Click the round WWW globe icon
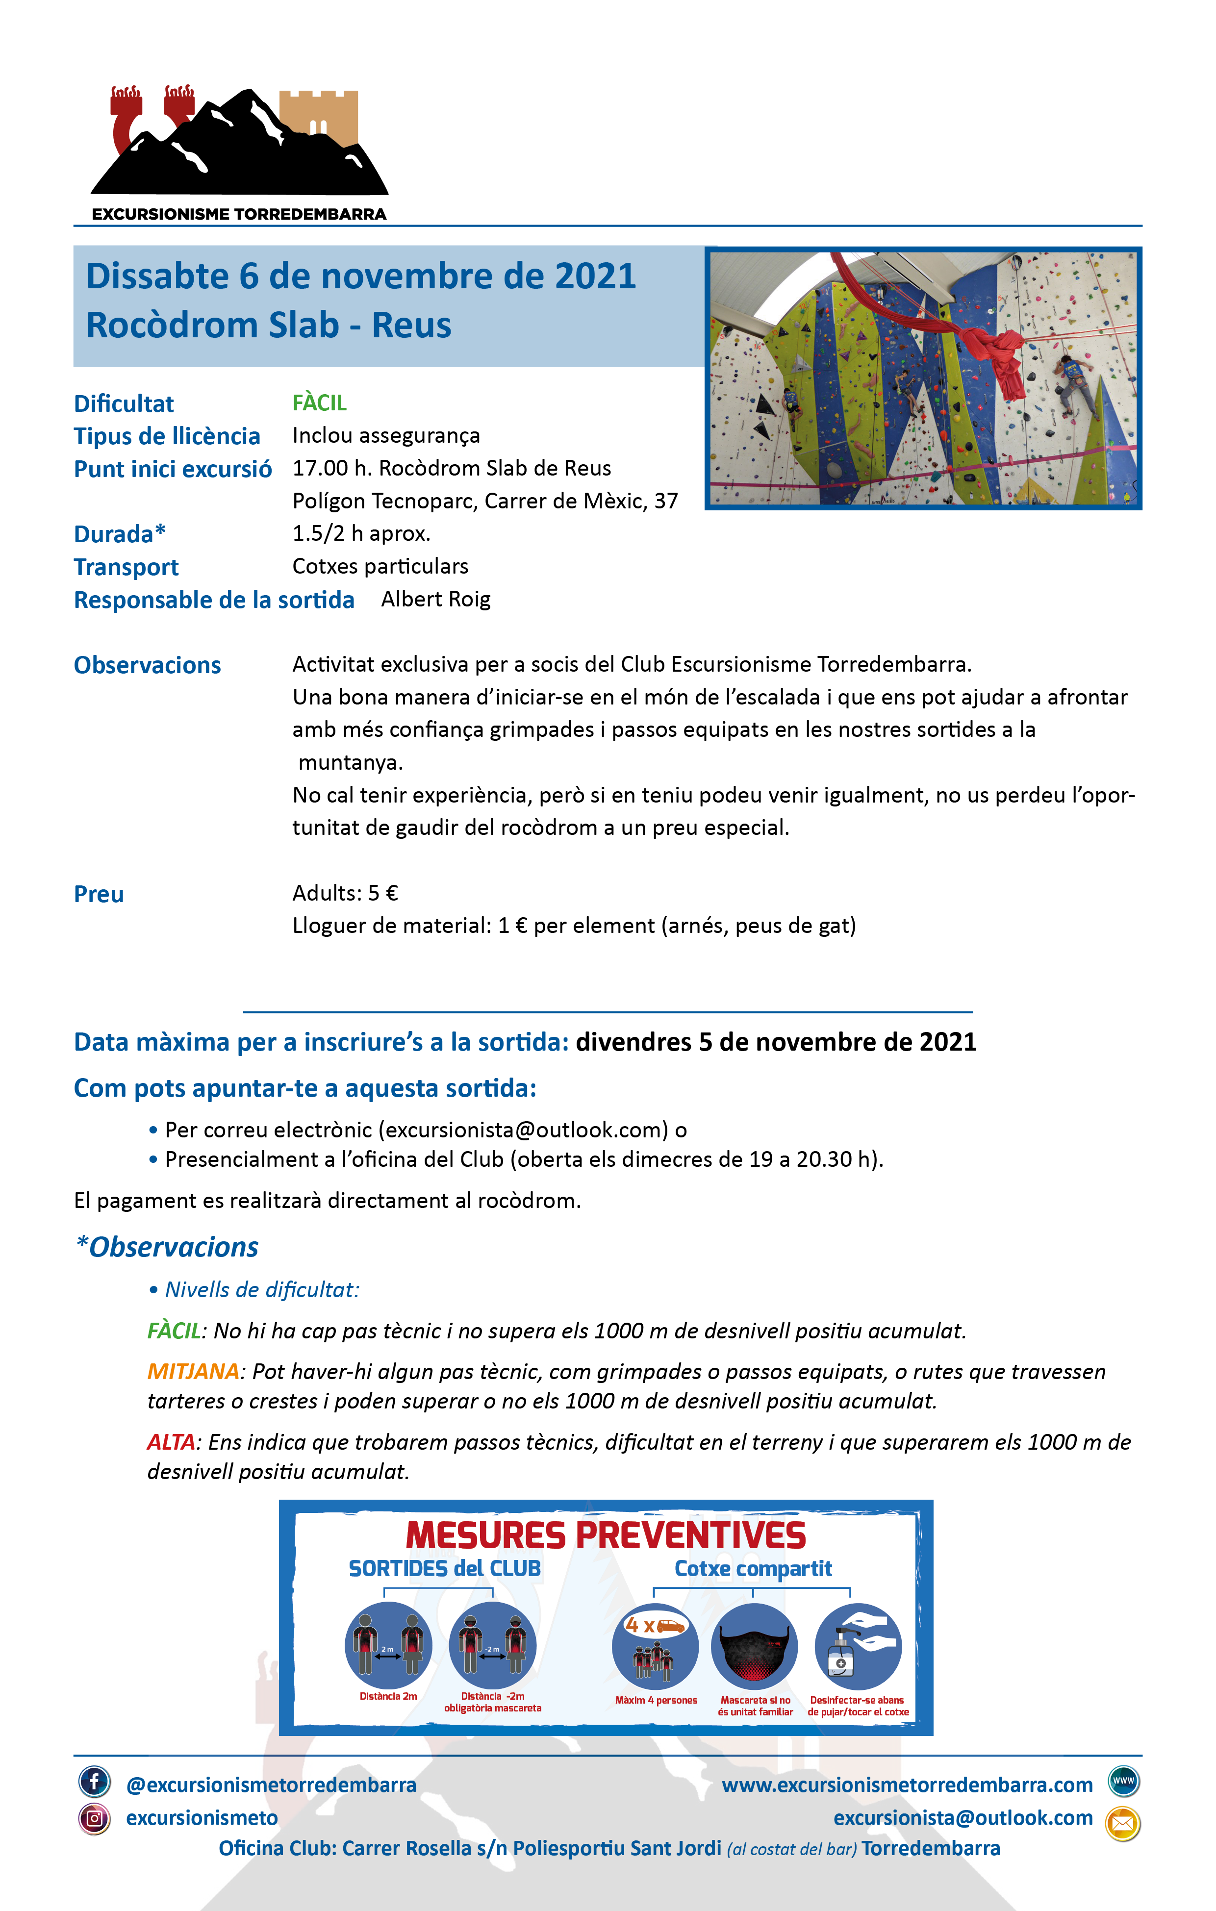(x=1123, y=1781)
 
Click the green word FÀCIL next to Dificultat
(x=319, y=403)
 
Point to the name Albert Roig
(x=436, y=599)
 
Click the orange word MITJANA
(x=193, y=1371)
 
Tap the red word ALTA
(x=171, y=1442)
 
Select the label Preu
(x=99, y=894)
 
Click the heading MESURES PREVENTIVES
(x=606, y=1535)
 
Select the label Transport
(x=126, y=567)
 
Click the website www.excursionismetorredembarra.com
(x=907, y=1785)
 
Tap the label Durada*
(x=120, y=534)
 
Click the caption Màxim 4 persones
(x=656, y=1700)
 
